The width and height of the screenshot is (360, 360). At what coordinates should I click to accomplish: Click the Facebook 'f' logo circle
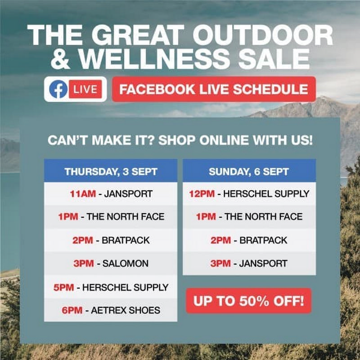click(58, 89)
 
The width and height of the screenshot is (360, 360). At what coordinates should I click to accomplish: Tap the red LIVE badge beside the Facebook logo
click(85, 89)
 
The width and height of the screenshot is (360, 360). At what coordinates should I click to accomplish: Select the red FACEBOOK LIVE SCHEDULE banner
click(214, 89)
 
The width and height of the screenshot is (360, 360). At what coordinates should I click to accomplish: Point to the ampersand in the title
click(60, 58)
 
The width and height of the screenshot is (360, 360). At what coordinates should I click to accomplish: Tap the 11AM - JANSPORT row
click(111, 194)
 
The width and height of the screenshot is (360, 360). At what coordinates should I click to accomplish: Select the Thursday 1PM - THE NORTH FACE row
click(111, 217)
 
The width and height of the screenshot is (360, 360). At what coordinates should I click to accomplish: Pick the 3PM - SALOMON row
click(111, 263)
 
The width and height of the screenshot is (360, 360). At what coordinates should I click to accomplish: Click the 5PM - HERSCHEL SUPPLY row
click(111, 287)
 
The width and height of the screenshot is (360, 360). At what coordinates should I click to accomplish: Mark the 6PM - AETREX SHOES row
click(111, 310)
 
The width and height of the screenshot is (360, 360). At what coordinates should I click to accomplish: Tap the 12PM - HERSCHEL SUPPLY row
click(249, 194)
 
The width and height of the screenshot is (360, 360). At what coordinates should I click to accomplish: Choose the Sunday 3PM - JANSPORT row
click(249, 263)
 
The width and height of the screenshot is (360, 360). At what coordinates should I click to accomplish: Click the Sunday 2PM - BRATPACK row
click(249, 240)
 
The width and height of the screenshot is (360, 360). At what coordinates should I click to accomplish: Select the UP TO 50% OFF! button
click(249, 301)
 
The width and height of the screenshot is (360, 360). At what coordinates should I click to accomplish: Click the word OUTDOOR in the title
click(263, 35)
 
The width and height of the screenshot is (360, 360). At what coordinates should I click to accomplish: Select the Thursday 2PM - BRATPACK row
click(111, 240)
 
